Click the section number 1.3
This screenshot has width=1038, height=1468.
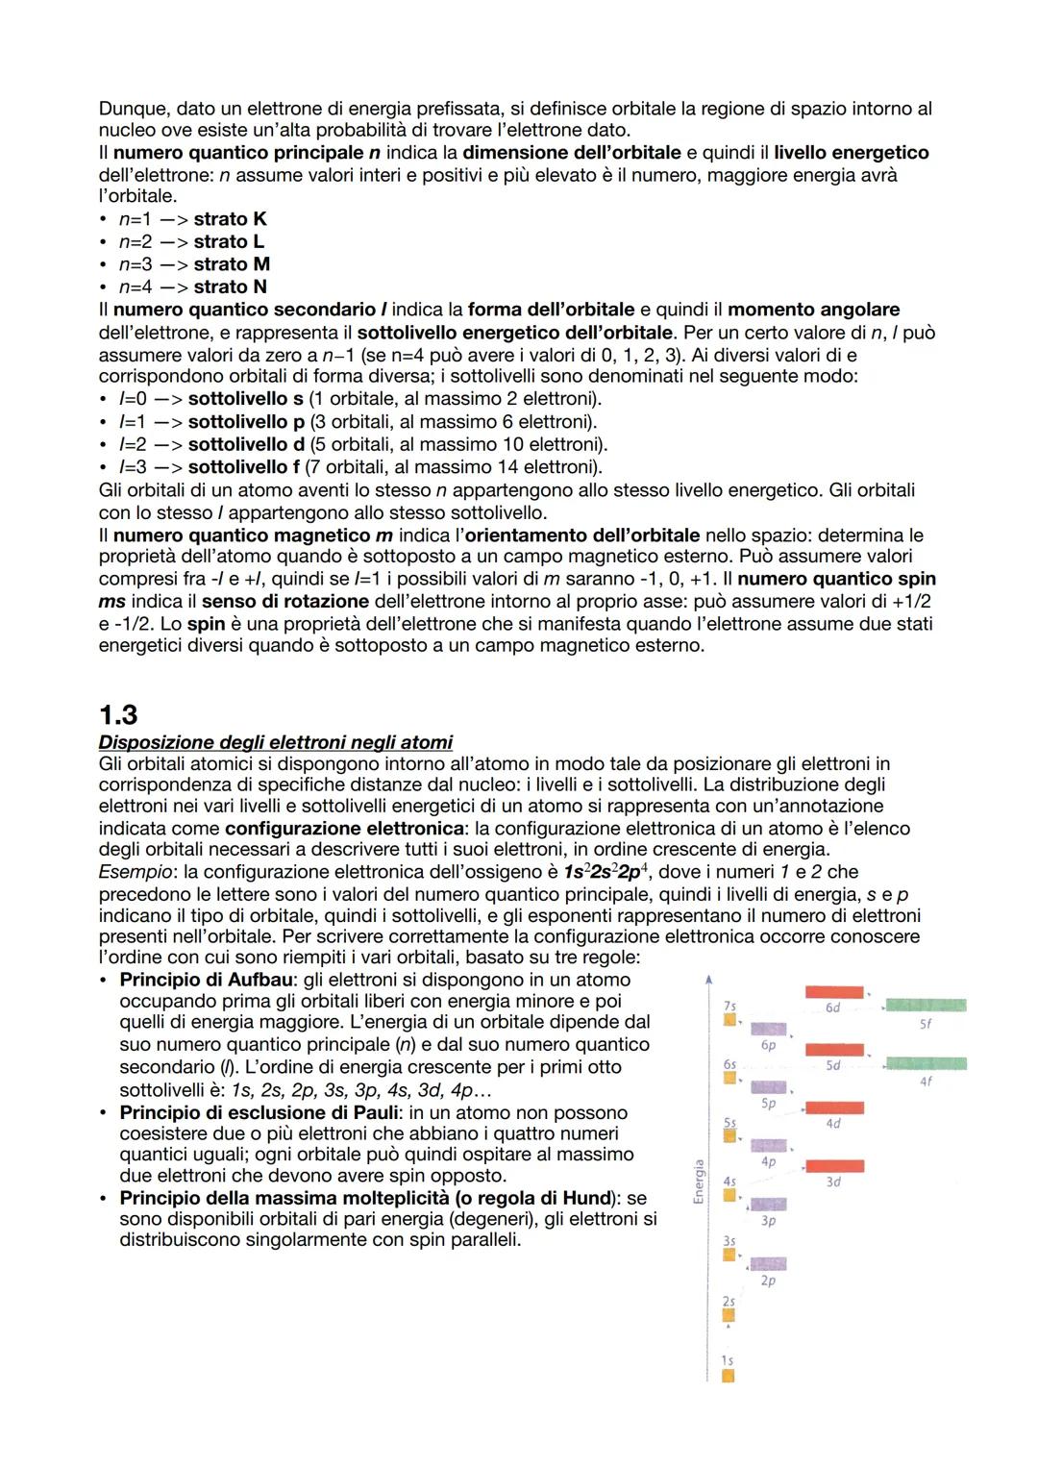[118, 714]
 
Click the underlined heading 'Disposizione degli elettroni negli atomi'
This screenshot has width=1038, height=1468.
[275, 742]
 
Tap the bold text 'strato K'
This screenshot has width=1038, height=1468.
[230, 219]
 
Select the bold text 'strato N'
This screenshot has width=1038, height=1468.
[230, 286]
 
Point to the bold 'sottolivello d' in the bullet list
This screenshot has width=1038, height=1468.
[246, 444]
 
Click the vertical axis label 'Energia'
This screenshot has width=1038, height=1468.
[699, 1180]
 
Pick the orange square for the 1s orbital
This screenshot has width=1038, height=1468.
[728, 1376]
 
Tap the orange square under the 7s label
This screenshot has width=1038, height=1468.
[729, 1019]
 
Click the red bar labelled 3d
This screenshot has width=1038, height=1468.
[834, 1166]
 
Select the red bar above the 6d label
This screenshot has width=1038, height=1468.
[834, 991]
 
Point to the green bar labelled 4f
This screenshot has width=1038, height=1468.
[926, 1063]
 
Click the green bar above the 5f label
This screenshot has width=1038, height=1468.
[926, 1005]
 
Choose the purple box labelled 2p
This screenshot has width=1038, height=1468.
[768, 1263]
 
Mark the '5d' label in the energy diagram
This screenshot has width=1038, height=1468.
[833, 1066]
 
